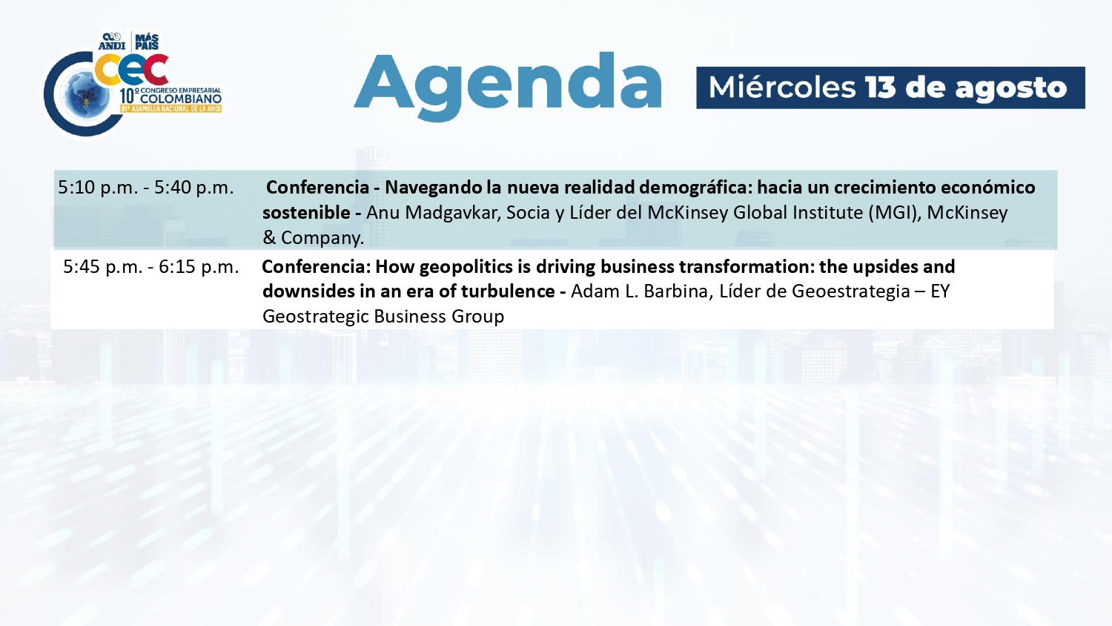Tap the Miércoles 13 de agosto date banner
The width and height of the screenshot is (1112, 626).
890,88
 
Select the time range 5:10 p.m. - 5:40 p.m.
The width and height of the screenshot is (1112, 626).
146,188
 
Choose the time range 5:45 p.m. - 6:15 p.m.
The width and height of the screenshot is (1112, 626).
151,267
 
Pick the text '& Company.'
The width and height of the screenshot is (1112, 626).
314,238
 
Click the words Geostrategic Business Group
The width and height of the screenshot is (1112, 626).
383,317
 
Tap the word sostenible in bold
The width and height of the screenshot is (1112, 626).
306,213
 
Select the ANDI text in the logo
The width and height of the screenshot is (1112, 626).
112,46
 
